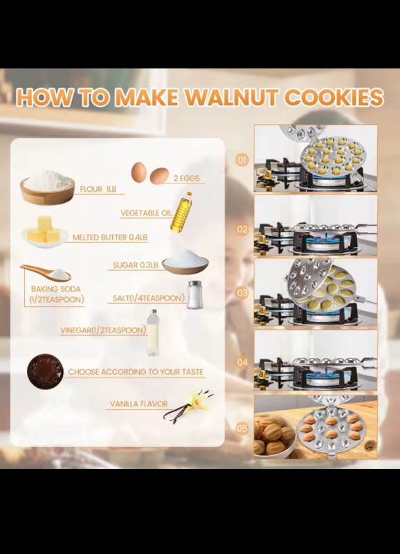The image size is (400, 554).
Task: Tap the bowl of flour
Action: pos(47,187)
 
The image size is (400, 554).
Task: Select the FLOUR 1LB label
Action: pos(98,189)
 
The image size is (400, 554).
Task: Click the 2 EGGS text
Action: pos(187,179)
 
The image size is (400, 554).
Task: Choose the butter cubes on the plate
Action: pos(45,231)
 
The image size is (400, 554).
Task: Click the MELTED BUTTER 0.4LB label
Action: pos(110,238)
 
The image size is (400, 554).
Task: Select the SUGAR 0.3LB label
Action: pos(135,265)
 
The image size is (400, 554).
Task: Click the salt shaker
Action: pos(194,295)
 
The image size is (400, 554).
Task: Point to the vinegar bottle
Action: pos(153,332)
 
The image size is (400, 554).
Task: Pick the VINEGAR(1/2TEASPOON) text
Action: pos(103,330)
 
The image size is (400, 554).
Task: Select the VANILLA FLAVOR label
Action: pos(138,404)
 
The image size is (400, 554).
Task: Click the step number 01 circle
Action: pos(242,160)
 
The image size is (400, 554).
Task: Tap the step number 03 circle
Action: pos(242,293)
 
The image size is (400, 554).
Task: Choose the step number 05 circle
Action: pos(242,429)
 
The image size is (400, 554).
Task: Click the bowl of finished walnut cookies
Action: pos(274,436)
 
